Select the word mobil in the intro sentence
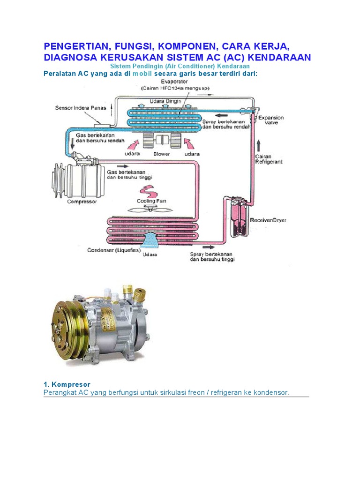[142, 74]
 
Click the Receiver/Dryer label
[269, 219]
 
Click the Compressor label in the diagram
[82, 202]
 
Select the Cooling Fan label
[151, 201]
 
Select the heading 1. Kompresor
[67, 384]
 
